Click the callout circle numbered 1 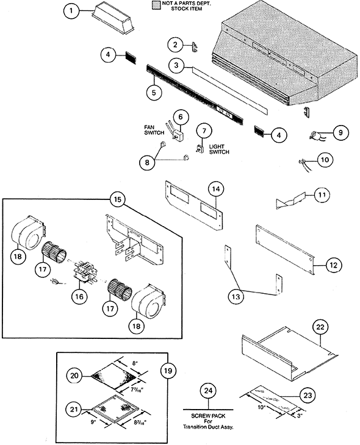pos(71,11)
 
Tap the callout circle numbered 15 pos(118,199)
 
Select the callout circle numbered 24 pos(208,391)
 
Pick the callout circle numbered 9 pos(340,132)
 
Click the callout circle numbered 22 pos(320,327)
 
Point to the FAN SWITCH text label pos(154,130)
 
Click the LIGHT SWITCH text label pos(219,149)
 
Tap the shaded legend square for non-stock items pos(156,5)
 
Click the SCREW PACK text pos(208,416)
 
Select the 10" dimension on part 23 pos(261,408)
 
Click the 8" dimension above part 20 pos(135,363)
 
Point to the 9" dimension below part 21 pos(93,422)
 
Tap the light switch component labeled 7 pos(200,149)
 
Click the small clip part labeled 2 pos(195,47)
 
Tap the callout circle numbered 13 pos(236,297)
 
